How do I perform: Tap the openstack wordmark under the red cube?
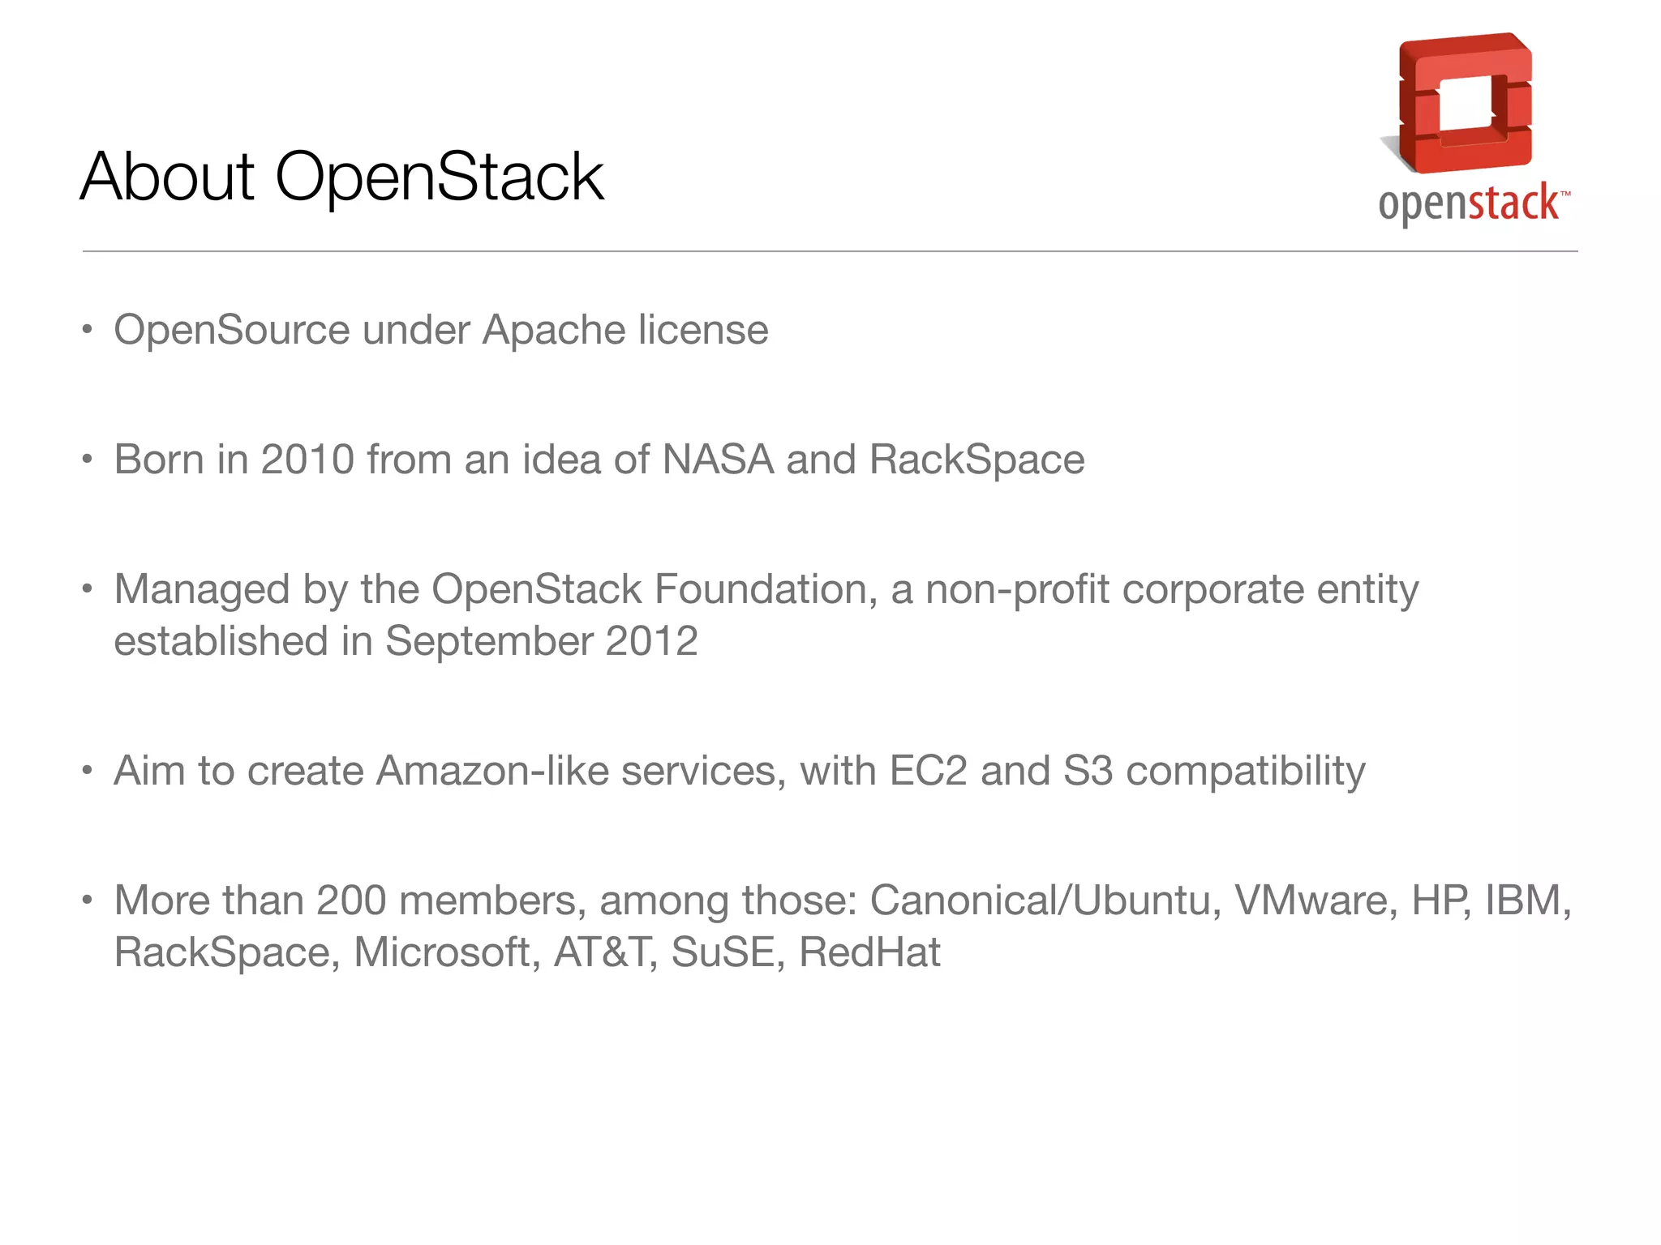click(x=1470, y=203)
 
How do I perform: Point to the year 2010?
click(x=307, y=460)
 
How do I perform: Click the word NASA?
click(x=718, y=460)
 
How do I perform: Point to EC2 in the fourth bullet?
click(x=928, y=771)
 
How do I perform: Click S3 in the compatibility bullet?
click(x=1088, y=771)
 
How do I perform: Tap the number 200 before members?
click(x=350, y=901)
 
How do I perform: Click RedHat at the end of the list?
click(x=869, y=952)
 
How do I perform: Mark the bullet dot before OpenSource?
click(x=88, y=331)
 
